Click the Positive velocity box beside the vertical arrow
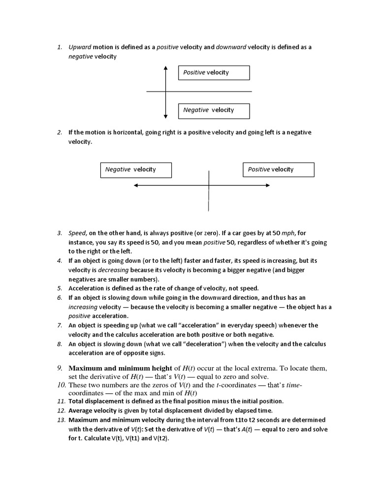point(214,72)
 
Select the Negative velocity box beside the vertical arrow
point(214,110)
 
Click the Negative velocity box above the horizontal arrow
point(136,170)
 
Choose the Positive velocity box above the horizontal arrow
point(278,170)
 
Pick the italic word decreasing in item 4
point(113,270)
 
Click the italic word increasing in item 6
point(83,307)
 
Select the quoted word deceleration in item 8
point(203,344)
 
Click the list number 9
point(59,368)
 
